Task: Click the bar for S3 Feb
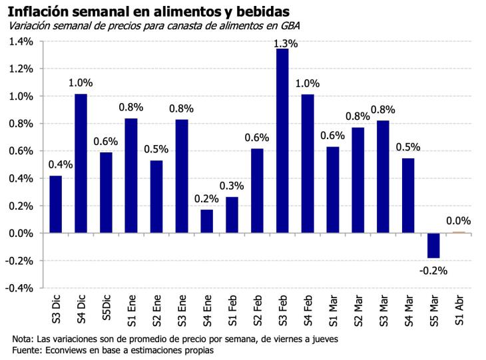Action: tap(282, 141)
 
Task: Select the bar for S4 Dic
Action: tap(81, 164)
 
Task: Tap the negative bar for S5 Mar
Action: tap(434, 246)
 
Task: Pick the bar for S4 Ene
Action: tap(207, 222)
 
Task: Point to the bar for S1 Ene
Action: tap(131, 176)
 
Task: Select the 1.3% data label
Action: tap(286, 44)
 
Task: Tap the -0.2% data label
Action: tap(433, 270)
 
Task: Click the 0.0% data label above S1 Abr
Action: tap(459, 221)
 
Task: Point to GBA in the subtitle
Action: tap(290, 26)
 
